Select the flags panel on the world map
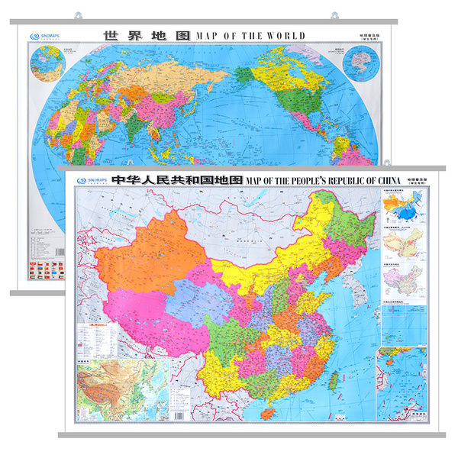pos(42,270)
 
